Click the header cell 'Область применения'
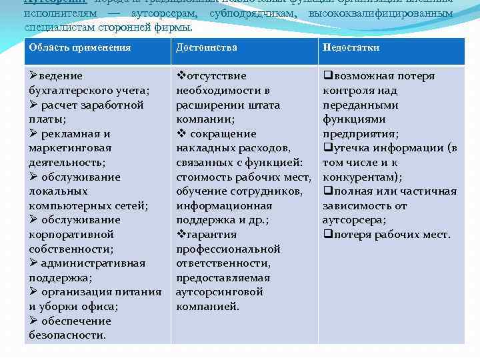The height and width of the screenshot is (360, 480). (79, 47)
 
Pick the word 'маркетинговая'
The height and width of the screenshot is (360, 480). (69, 148)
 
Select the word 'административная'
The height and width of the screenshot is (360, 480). (93, 263)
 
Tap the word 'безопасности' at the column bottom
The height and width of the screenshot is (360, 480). (67, 335)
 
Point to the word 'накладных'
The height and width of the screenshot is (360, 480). (206, 148)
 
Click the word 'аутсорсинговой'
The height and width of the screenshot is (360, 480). (219, 292)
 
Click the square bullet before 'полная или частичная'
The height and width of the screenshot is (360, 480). (327, 191)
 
